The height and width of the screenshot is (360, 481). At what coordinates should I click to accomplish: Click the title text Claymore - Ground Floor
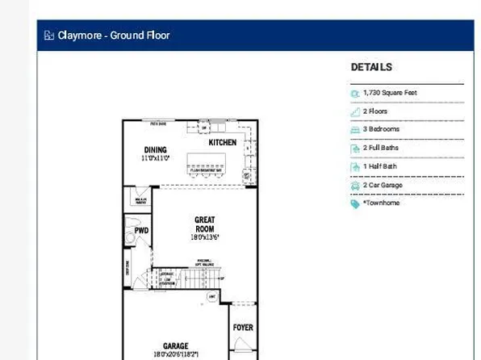113,36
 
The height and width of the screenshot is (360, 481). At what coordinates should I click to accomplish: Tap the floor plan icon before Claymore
49,36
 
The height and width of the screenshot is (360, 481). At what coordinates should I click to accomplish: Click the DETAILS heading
371,68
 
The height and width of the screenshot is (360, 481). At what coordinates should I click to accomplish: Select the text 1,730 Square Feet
390,93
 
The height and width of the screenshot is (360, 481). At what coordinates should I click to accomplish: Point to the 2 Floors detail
377,111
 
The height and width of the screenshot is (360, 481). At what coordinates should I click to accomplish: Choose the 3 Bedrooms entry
381,129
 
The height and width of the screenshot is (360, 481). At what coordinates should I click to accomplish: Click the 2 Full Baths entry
382,149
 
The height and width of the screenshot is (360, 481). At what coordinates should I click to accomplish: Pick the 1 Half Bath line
379,167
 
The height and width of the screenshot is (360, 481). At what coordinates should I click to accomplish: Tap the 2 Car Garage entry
382,185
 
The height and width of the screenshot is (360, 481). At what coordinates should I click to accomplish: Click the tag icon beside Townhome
355,204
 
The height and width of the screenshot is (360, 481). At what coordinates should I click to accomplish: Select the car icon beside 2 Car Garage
355,186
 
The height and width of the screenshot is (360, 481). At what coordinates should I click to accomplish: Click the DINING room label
155,150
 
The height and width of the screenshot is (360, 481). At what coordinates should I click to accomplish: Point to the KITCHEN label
223,142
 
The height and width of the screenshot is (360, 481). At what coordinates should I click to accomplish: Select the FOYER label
243,329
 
